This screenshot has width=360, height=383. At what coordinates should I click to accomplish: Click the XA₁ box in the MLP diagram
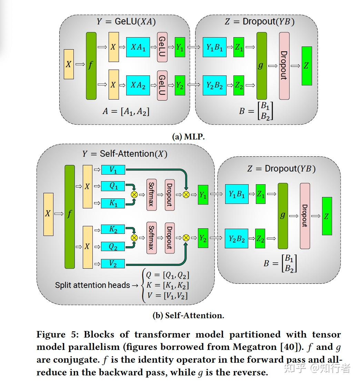[x=138, y=47]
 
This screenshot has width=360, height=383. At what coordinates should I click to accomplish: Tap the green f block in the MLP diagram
[x=91, y=65]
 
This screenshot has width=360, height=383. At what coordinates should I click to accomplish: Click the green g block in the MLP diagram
[x=261, y=65]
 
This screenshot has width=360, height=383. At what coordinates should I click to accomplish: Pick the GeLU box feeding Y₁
[x=162, y=47]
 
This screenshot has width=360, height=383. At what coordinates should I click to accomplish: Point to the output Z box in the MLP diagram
[x=307, y=66]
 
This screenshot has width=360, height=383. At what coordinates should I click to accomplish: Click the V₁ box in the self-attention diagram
[x=113, y=169]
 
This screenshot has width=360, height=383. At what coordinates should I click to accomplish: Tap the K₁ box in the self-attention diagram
[x=113, y=203]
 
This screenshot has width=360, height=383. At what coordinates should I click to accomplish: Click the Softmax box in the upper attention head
[x=151, y=195]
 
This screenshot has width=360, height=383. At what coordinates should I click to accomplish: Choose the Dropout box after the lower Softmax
[x=169, y=238]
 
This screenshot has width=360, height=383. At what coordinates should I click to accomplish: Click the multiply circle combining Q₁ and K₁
[x=134, y=195]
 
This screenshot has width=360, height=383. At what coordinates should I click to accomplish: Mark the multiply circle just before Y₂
[x=186, y=238]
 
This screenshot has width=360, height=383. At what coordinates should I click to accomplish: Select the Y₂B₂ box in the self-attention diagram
[x=237, y=238]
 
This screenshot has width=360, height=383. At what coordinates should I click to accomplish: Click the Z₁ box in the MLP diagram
[x=239, y=48]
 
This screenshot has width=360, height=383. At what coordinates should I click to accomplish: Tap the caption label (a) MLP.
[x=188, y=136]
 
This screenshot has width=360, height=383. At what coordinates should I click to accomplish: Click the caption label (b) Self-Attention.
[x=188, y=315]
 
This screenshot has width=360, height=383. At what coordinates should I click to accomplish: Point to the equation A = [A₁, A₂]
[x=126, y=111]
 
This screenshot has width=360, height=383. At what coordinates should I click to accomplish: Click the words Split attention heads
[x=92, y=285]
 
